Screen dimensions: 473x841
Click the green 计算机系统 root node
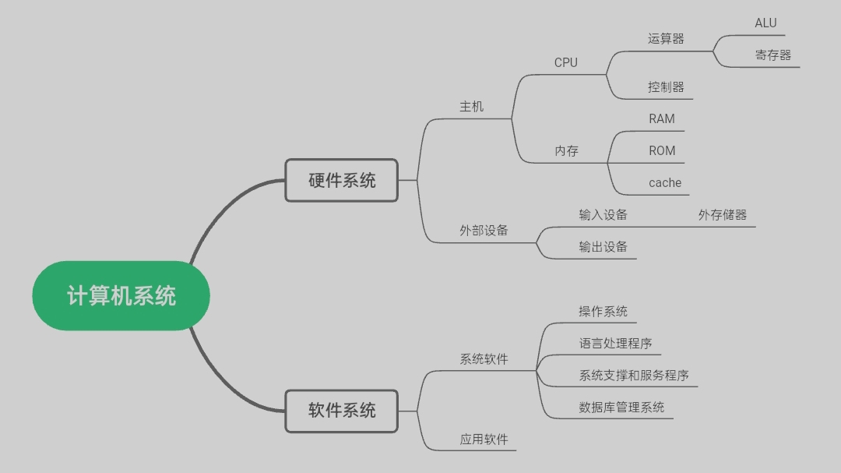pyautogui.click(x=121, y=296)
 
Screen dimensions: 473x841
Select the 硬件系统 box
pyautogui.click(x=341, y=181)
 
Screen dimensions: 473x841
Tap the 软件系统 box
pyautogui.click(x=341, y=411)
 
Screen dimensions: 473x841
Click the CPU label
pyautogui.click(x=566, y=62)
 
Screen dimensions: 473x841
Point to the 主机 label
pyautogui.click(x=472, y=107)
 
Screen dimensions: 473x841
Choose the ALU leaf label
pyautogui.click(x=765, y=23)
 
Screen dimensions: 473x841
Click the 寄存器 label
pyautogui.click(x=772, y=55)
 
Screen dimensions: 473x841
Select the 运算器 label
pyautogui.click(x=666, y=39)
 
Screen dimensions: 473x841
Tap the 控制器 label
pyautogui.click(x=666, y=87)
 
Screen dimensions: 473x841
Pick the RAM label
pyautogui.click(x=662, y=119)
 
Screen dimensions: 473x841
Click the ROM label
pyautogui.click(x=662, y=151)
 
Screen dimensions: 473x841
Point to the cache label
pyautogui.click(x=665, y=183)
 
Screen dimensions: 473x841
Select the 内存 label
pyautogui.click(x=567, y=151)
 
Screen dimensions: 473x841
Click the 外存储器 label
pyautogui.click(x=723, y=215)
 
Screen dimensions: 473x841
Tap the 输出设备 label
pyautogui.click(x=603, y=247)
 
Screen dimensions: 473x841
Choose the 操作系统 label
pyautogui.click(x=603, y=312)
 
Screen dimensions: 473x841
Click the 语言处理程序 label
pyautogui.click(x=615, y=344)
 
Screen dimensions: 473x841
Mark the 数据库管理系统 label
pyautogui.click(x=621, y=408)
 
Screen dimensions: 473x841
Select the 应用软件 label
pyautogui.click(x=484, y=439)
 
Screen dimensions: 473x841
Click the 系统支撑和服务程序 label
pyautogui.click(x=634, y=376)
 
